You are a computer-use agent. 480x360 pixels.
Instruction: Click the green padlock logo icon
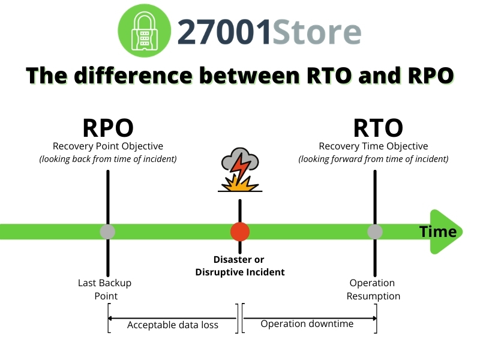click(x=143, y=31)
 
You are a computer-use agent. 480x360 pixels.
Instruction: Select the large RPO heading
click(x=108, y=128)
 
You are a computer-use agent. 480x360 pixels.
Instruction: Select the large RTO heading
click(x=377, y=128)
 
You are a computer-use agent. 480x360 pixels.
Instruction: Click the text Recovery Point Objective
click(x=108, y=146)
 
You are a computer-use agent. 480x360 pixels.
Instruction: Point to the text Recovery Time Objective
click(x=373, y=146)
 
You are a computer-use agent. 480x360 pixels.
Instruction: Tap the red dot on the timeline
click(x=240, y=232)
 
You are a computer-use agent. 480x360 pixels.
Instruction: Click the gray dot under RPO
click(x=107, y=232)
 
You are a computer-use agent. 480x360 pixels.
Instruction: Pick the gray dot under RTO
click(x=375, y=232)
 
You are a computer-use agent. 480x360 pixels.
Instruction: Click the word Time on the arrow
click(x=437, y=232)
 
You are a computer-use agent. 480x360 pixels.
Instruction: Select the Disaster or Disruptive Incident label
click(x=239, y=266)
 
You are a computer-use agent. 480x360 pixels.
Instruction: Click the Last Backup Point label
click(x=105, y=289)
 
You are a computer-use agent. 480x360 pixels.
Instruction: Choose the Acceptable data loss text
click(x=173, y=325)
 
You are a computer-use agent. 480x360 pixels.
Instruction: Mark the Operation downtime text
click(x=307, y=324)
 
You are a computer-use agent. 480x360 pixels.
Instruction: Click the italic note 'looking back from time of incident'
click(x=108, y=160)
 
